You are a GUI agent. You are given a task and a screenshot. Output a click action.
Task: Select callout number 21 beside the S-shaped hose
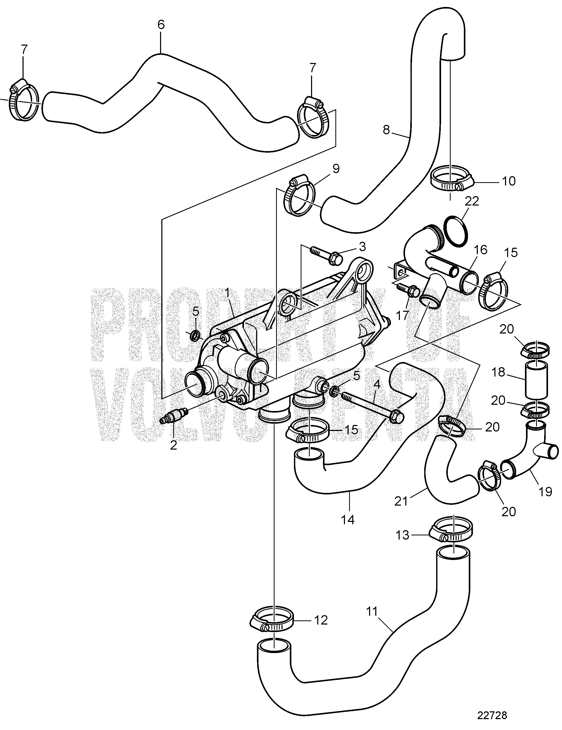(401, 511)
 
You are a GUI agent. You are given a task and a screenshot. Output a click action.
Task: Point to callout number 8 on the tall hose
(386, 130)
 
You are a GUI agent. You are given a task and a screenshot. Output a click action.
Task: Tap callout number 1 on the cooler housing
(227, 293)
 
